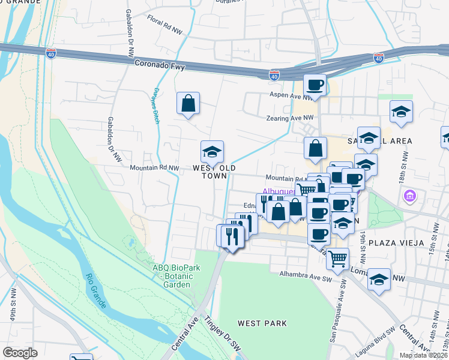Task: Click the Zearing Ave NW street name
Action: point(291,118)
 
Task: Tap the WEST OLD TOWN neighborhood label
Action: point(209,172)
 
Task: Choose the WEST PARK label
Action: point(262,323)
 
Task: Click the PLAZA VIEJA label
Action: point(396,243)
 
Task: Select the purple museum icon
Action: point(411,196)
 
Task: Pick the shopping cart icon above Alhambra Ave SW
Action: point(338,259)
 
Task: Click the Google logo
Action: point(20,353)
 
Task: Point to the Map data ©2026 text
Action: point(423,355)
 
